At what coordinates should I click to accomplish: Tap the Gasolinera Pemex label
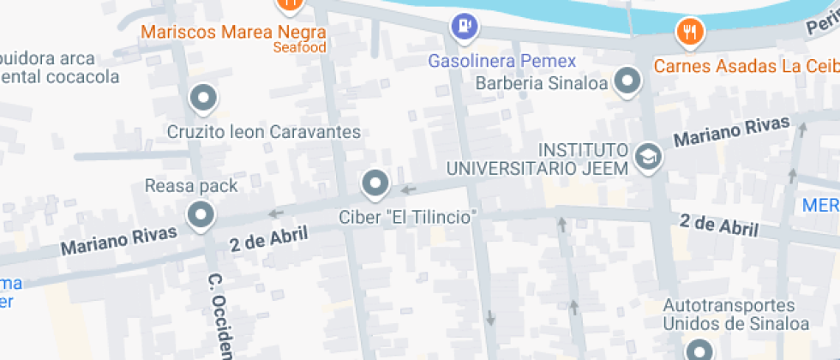[x=501, y=62]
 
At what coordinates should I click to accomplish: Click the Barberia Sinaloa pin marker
[x=630, y=82]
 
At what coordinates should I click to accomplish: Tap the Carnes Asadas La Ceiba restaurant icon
[x=690, y=33]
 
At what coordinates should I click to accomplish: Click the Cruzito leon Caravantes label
[x=263, y=132]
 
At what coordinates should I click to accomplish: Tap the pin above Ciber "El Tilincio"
[x=375, y=183]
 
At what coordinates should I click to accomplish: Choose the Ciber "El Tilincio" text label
[x=407, y=217]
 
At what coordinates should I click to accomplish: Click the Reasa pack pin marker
[x=201, y=215]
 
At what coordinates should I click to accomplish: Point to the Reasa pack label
[x=191, y=185]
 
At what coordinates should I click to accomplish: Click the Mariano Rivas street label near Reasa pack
[x=119, y=241]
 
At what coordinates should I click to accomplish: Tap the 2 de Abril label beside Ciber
[x=268, y=239]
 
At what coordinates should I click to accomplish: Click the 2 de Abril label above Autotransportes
[x=719, y=225]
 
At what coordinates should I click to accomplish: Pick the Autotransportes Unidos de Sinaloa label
[x=735, y=315]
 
